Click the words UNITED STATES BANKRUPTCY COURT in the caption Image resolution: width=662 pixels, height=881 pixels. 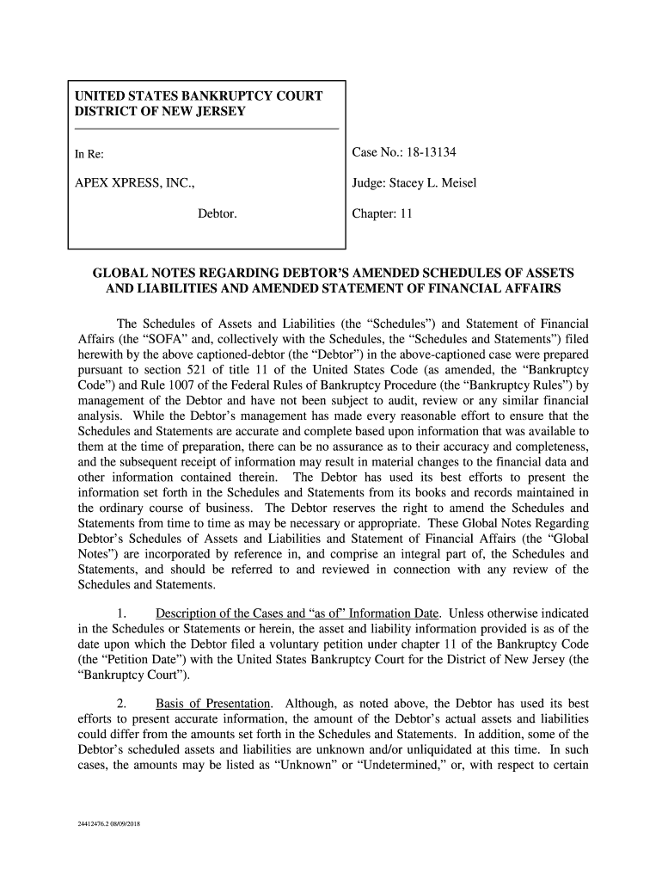[x=199, y=96]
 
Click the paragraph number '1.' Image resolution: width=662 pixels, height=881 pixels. [x=120, y=613]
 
